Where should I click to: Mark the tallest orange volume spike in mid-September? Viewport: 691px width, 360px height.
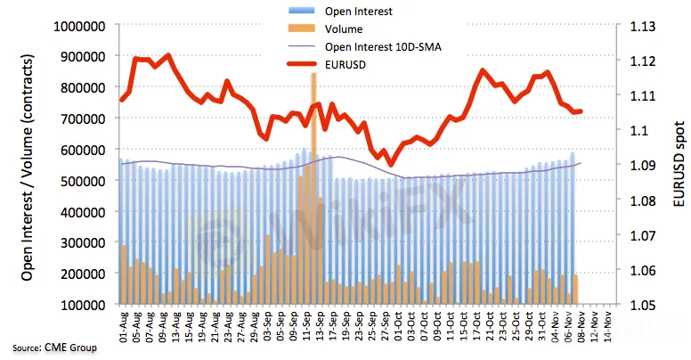(x=313, y=134)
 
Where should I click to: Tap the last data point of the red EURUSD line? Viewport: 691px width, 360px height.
(x=581, y=111)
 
